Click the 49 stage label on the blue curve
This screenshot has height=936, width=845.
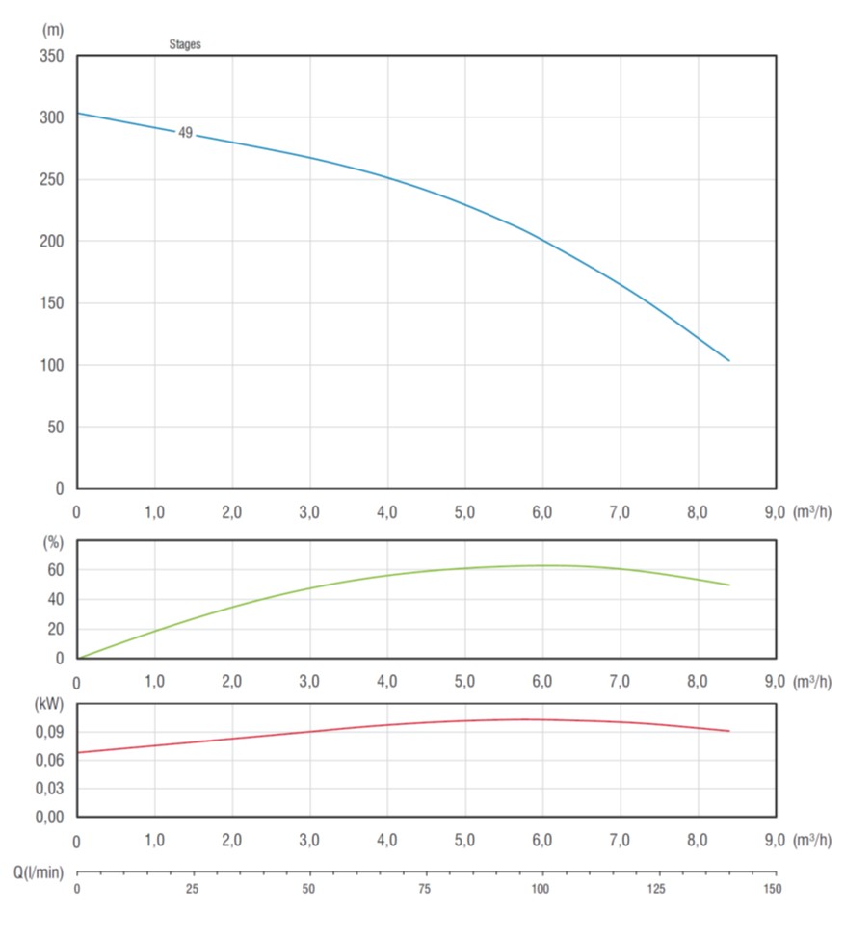point(186,133)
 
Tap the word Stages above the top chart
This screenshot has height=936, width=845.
point(185,44)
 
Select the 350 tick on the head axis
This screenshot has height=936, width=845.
point(50,56)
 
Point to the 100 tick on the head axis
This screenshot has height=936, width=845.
point(50,365)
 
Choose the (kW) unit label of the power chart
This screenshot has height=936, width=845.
point(50,703)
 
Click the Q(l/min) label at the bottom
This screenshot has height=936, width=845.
point(39,872)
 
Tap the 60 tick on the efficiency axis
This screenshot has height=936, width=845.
point(55,570)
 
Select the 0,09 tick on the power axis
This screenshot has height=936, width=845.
point(48,732)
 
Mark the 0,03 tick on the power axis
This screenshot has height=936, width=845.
point(48,789)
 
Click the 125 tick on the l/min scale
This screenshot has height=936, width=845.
point(657,888)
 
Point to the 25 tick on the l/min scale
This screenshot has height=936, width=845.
point(193,888)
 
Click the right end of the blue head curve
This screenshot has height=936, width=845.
point(729,360)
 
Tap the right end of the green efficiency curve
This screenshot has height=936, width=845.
point(729,585)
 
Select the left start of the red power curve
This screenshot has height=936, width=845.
point(78,752)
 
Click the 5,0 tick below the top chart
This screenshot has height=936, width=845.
point(464,512)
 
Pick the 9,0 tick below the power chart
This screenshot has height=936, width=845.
point(775,841)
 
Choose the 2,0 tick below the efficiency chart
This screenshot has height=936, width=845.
point(232,682)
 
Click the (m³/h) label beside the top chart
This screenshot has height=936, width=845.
point(811,512)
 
